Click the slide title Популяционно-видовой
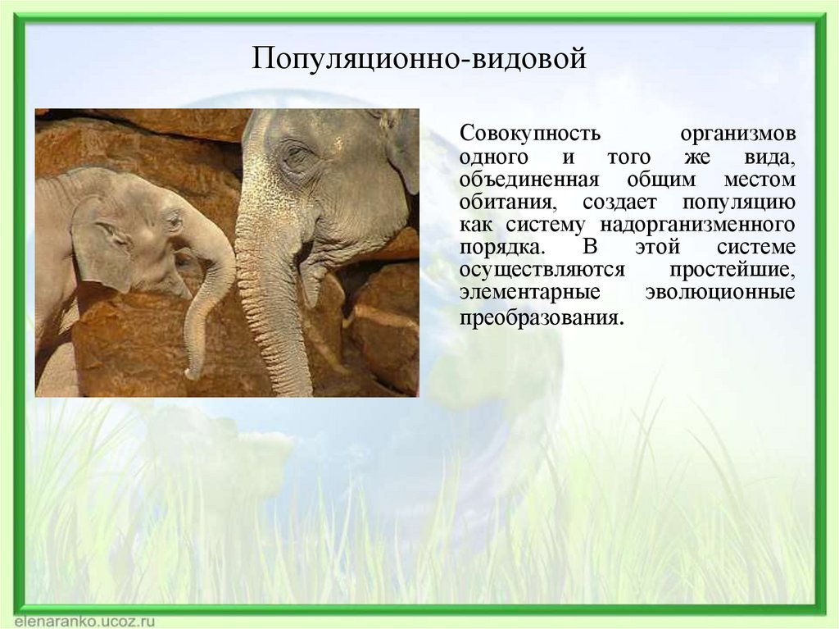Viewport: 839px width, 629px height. coord(419,60)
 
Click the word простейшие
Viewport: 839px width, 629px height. coord(732,270)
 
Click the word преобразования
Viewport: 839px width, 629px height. coord(541,317)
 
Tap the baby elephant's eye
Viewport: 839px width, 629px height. coord(173,220)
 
